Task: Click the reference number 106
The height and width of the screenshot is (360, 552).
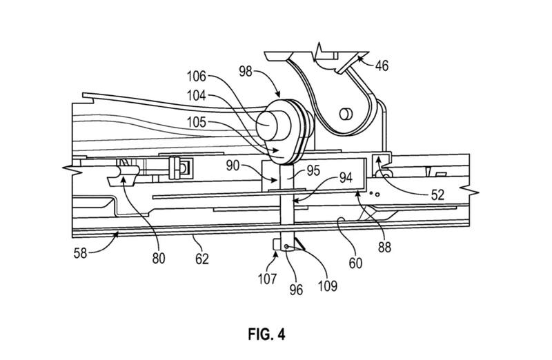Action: click(x=197, y=77)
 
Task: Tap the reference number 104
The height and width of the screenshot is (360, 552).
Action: click(x=197, y=96)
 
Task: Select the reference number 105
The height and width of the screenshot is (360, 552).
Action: click(x=197, y=123)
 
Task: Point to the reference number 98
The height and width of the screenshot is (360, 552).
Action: click(x=246, y=72)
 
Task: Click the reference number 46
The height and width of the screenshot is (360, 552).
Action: click(x=382, y=66)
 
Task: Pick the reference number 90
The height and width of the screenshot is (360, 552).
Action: click(x=233, y=166)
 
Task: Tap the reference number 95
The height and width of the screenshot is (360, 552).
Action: click(x=313, y=170)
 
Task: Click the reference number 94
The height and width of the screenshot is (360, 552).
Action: click(x=346, y=178)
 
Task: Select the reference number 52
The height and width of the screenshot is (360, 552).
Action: click(x=437, y=195)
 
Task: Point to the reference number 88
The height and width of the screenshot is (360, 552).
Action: click(x=384, y=248)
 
